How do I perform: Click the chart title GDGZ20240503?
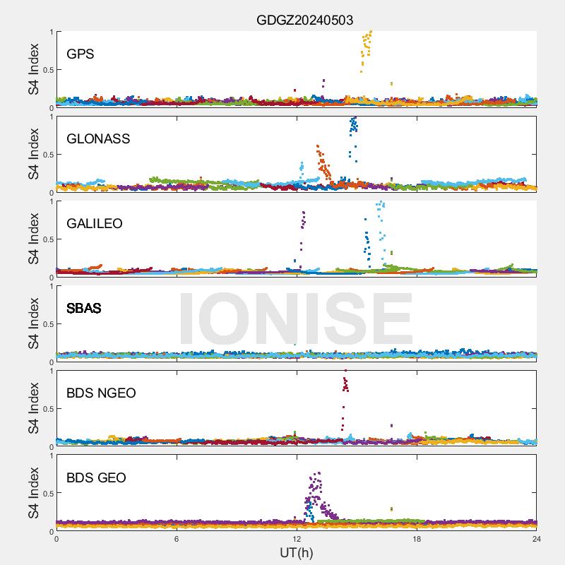coord(304,20)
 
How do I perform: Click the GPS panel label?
coord(81,54)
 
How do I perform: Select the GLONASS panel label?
coord(98,138)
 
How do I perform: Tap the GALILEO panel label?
coord(95,223)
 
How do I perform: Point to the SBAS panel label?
coord(84,308)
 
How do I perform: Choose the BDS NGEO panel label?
coord(101,393)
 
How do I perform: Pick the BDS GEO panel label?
coord(96,478)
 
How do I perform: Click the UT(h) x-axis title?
coord(296,552)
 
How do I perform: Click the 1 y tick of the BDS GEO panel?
coord(50,456)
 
